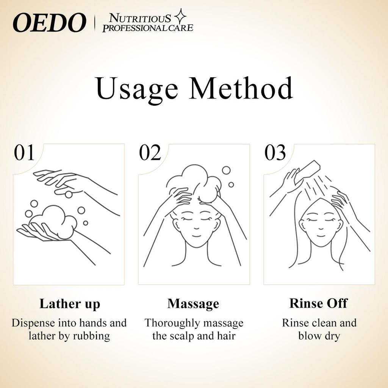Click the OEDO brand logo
click(49, 22)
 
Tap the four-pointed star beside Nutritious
click(180, 16)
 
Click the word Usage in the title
click(137, 89)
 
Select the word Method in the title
click(241, 88)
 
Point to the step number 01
click(24, 153)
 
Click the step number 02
click(150, 153)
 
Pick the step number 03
click(275, 153)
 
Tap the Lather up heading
click(70, 304)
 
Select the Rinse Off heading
click(318, 303)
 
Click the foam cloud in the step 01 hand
click(55, 221)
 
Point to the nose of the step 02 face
click(196, 228)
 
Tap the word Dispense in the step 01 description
click(33, 324)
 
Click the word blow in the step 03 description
click(309, 336)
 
